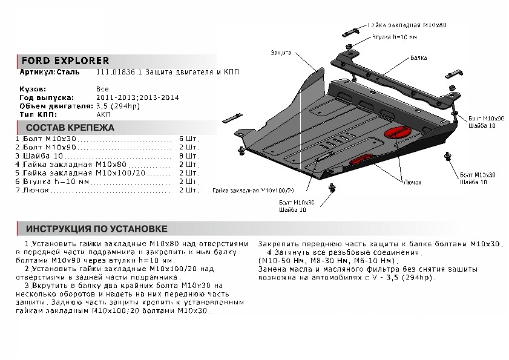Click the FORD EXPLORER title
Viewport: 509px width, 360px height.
pos(65,61)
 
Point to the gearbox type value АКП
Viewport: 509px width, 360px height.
pos(103,114)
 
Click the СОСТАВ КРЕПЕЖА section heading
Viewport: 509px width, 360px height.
pos(70,128)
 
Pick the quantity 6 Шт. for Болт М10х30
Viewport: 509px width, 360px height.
pos(189,139)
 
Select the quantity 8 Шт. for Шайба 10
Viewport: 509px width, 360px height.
pos(189,156)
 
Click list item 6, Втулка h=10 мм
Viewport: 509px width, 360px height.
pos(54,182)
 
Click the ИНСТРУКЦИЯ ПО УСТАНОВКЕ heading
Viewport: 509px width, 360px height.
pos(96,229)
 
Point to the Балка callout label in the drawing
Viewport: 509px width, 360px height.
pos(418,58)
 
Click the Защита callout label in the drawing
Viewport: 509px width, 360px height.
pos(281,53)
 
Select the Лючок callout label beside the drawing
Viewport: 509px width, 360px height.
pos(412,181)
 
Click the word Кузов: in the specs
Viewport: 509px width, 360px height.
pos(33,89)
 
